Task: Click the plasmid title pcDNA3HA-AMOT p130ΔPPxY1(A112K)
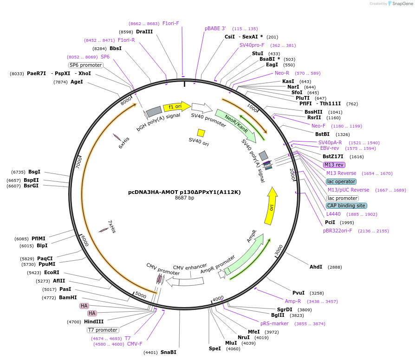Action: pos(184,192)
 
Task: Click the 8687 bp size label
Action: pos(184,198)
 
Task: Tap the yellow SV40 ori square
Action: pos(201,133)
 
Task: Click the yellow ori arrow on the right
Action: pos(271,206)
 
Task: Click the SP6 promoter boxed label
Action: pos(85,65)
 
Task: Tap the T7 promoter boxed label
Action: pos(103,330)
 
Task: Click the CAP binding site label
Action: pos(346,206)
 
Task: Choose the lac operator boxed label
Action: pos(341,181)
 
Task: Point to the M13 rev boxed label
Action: pos(334,165)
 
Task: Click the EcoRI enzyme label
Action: pos(52,273)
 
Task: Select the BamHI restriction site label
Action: pos(68,297)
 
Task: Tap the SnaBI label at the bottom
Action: pos(168,352)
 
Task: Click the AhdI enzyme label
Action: pos(316,267)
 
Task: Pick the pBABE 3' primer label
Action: pos(215,28)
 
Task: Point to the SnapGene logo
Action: pos(402,4)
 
